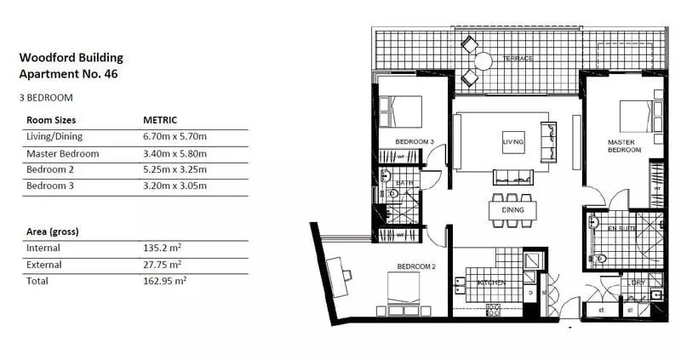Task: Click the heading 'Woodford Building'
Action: [x=71, y=58]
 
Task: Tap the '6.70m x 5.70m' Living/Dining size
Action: [x=175, y=137]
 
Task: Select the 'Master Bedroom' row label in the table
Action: [x=62, y=154]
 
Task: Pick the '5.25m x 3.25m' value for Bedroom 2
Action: [x=175, y=169]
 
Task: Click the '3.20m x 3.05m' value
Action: [x=175, y=185]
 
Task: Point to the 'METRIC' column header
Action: [x=160, y=121]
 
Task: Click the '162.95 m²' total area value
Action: [x=165, y=280]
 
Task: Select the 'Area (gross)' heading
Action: [x=54, y=231]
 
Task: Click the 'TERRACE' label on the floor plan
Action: [x=517, y=59]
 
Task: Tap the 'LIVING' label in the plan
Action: [x=512, y=141]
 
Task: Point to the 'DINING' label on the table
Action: [x=512, y=209]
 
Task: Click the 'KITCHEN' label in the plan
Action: [x=491, y=282]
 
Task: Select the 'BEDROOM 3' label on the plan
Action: [x=415, y=141]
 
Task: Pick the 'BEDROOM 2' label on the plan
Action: [x=416, y=266]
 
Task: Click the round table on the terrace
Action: [x=484, y=60]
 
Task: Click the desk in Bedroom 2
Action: [x=338, y=270]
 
